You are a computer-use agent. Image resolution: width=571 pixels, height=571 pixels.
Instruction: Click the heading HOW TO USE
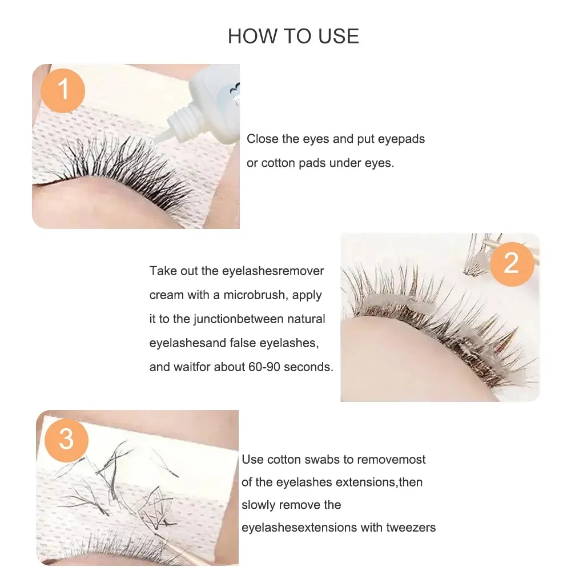293,36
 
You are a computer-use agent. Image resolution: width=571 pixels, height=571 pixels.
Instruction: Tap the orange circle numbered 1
63,89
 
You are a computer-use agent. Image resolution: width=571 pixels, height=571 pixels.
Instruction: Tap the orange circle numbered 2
511,263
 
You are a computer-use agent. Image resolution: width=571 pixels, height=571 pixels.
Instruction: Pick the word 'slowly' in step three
260,505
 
